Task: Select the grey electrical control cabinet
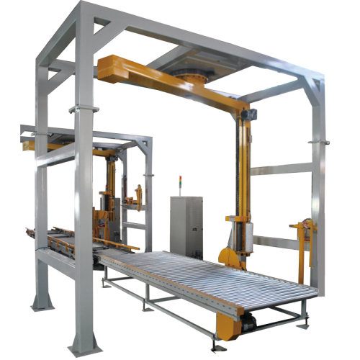point(185,224)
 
